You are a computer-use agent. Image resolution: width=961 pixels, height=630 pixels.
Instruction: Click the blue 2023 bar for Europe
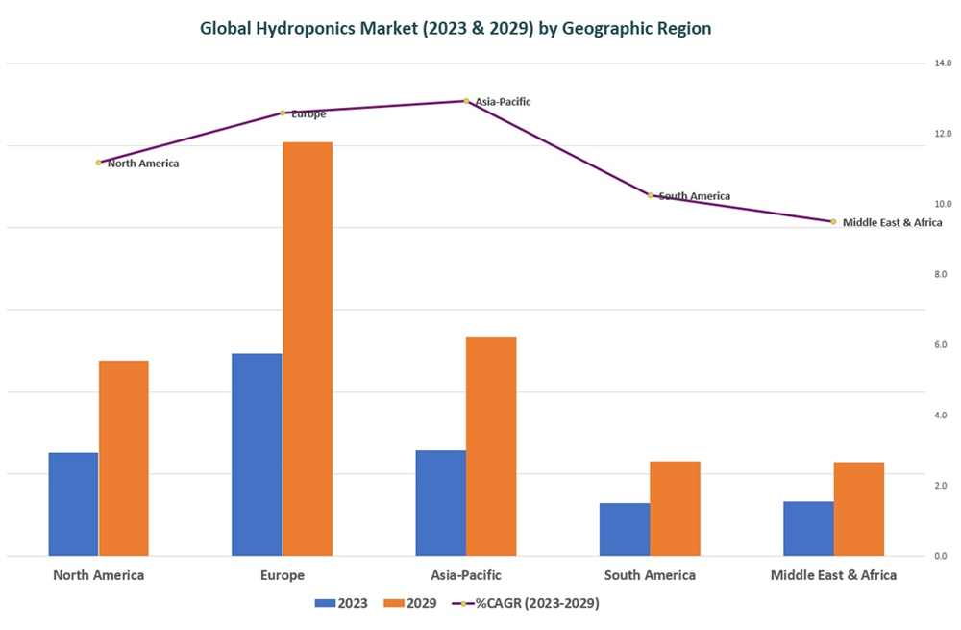[x=257, y=454]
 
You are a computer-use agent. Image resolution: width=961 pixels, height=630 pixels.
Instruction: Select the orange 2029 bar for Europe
[x=308, y=348]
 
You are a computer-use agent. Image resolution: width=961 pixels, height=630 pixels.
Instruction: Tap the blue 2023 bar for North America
[x=73, y=503]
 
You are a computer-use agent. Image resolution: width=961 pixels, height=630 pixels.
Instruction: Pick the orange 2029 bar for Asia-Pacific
[x=491, y=445]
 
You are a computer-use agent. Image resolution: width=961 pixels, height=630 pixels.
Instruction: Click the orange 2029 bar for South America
[x=675, y=508]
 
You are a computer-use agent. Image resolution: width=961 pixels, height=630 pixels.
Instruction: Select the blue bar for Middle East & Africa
[x=808, y=528]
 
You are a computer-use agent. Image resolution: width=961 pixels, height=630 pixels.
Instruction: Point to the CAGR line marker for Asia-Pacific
[x=466, y=101]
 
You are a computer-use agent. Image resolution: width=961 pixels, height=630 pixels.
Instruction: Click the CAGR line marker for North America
[x=98, y=163]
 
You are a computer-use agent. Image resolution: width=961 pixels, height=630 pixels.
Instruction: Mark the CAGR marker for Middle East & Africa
[x=833, y=221]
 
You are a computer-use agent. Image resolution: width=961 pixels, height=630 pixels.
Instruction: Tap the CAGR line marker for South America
[x=650, y=195]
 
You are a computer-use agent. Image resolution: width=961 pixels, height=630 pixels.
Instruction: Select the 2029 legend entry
[x=410, y=603]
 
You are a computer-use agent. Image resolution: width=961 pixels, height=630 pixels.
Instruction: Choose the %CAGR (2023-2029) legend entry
[x=527, y=603]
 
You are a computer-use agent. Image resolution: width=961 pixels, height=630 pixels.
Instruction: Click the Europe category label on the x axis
[x=282, y=575]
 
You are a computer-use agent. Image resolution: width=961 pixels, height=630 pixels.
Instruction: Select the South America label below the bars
[x=650, y=575]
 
